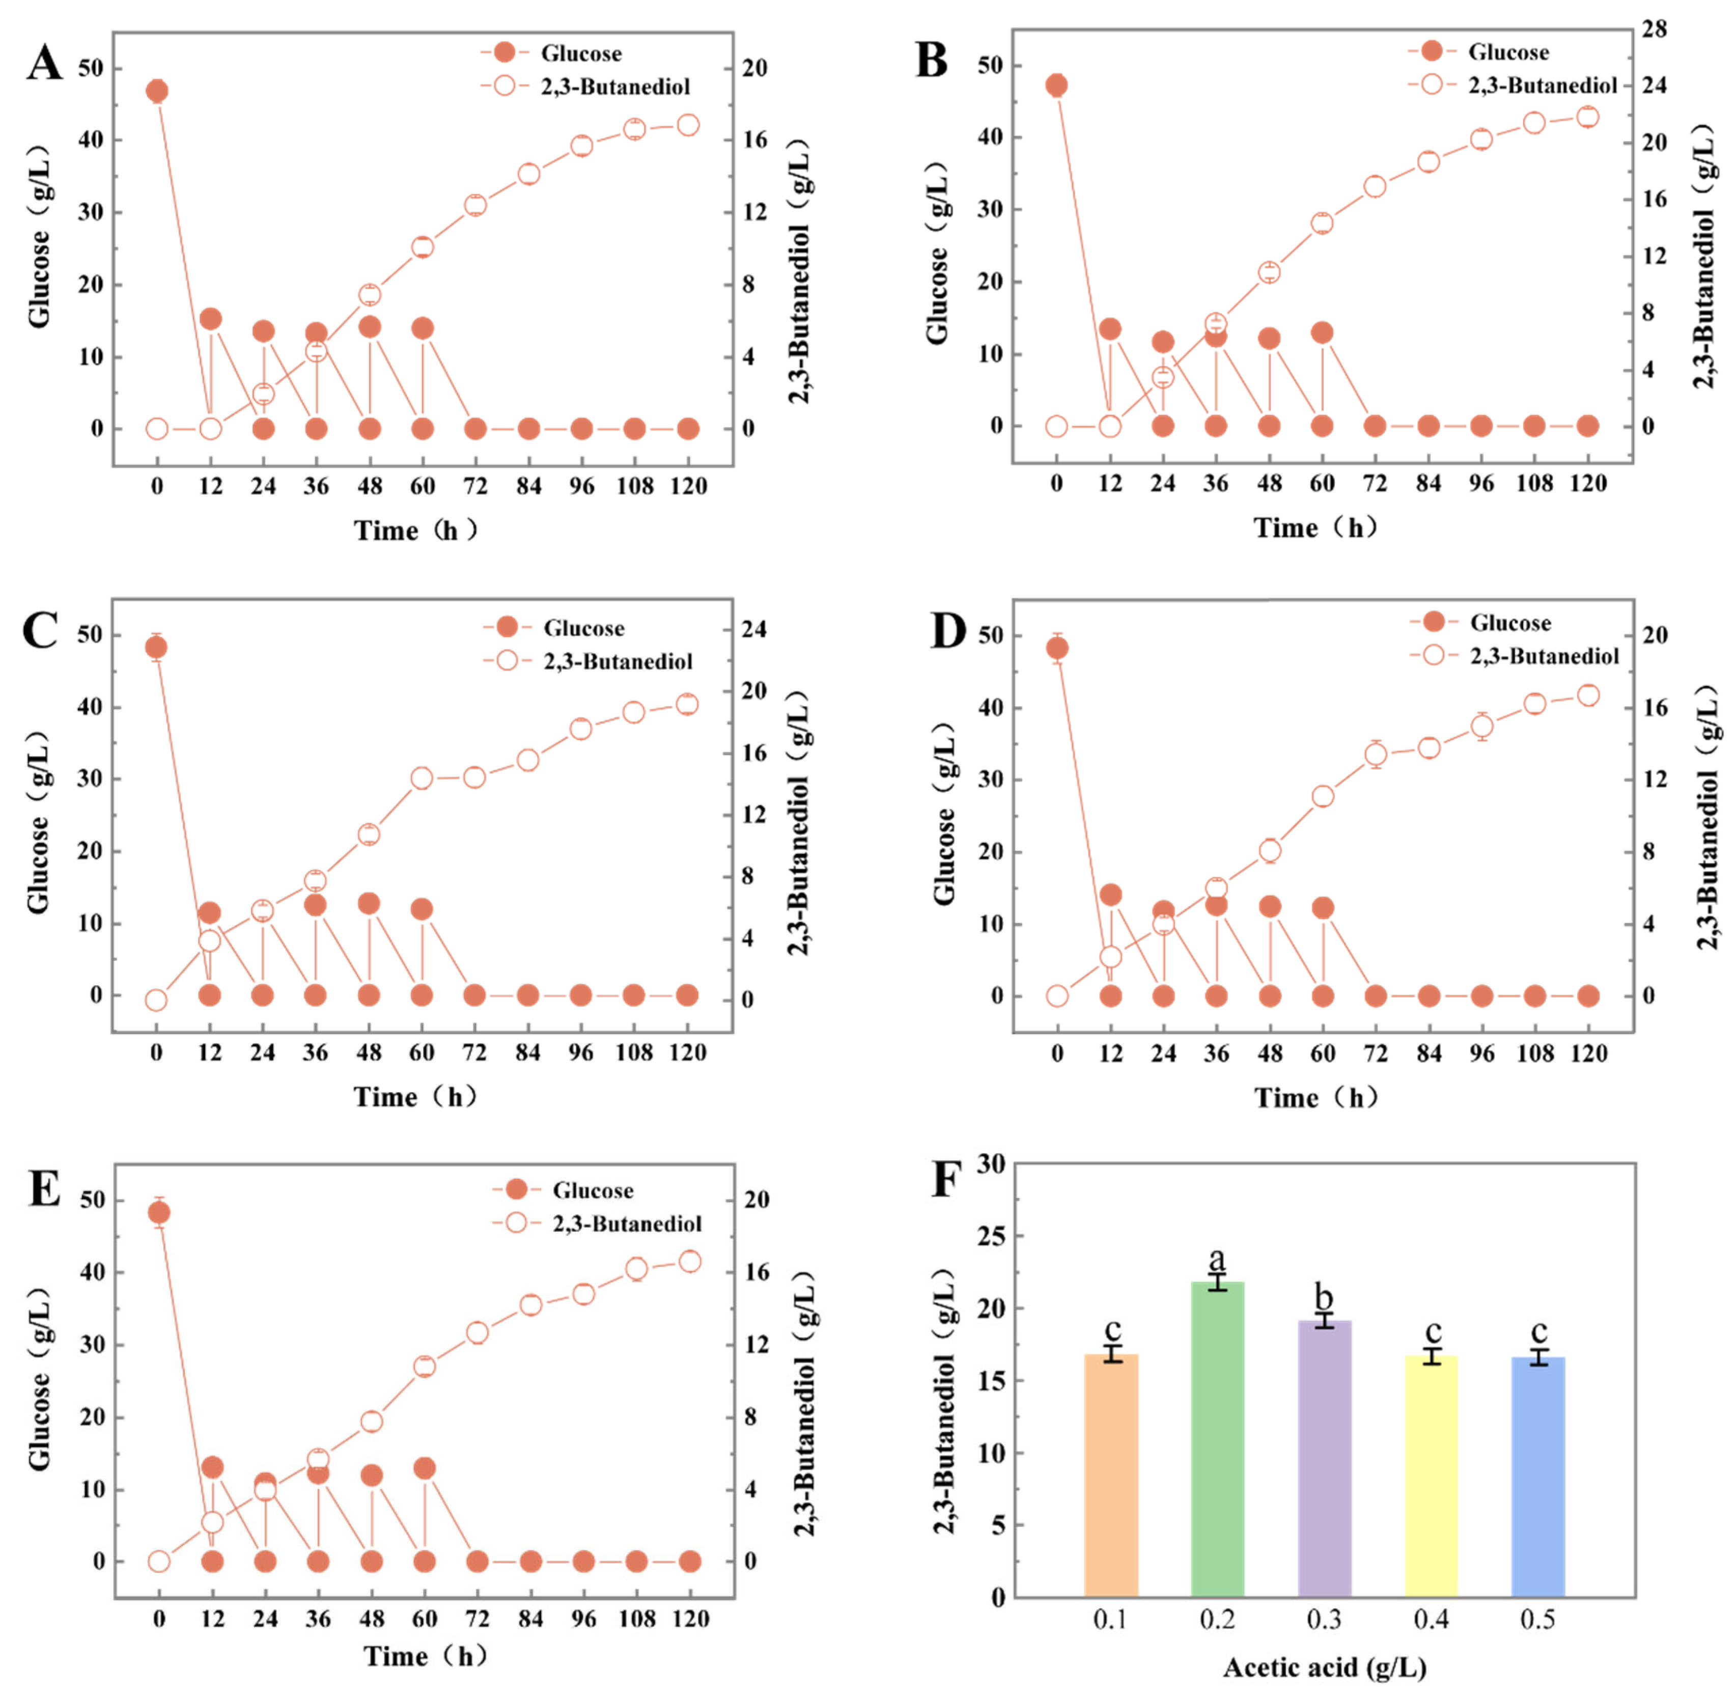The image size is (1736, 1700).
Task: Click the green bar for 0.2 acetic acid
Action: [1217, 1437]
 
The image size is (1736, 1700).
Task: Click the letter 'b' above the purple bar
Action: [1324, 1297]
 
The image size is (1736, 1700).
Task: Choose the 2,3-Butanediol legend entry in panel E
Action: [627, 1223]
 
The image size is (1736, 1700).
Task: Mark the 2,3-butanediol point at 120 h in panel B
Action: [1587, 117]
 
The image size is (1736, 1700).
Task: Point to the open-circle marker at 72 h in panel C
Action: [474, 777]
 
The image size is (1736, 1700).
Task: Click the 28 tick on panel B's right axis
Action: [1654, 30]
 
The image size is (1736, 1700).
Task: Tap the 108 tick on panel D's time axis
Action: [1534, 1053]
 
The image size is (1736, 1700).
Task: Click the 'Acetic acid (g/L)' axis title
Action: [1324, 1667]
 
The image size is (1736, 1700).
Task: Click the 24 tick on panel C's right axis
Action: [753, 629]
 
